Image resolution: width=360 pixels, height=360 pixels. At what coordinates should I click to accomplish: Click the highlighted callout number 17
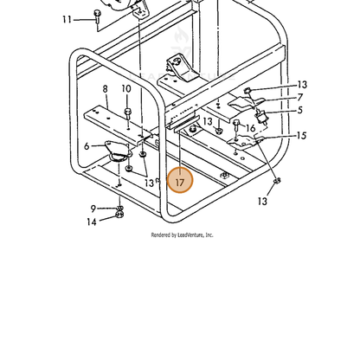[180, 183]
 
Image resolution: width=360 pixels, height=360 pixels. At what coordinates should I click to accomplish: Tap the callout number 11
[67, 20]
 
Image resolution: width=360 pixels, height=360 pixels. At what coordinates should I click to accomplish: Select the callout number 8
[105, 89]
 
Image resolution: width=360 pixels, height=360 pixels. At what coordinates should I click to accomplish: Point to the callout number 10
[126, 89]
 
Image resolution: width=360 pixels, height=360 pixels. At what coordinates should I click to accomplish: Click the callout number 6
[87, 146]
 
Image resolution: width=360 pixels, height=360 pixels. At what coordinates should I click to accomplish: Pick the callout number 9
[93, 209]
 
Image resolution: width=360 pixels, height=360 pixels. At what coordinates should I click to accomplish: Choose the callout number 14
[92, 222]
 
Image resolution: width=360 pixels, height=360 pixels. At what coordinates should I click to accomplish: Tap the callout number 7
[300, 97]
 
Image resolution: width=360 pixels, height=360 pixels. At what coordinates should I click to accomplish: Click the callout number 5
[300, 110]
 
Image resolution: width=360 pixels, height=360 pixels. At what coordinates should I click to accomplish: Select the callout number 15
[301, 136]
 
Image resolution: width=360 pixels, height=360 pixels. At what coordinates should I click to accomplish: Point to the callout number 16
[251, 128]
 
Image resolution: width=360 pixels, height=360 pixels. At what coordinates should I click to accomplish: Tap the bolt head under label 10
[127, 112]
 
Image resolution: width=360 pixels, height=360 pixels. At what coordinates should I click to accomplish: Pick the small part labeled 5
[260, 117]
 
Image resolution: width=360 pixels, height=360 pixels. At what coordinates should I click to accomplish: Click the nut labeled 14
[119, 215]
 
